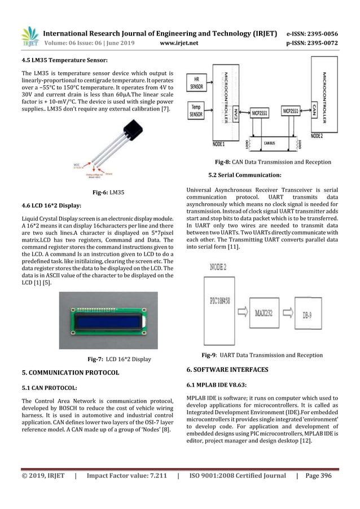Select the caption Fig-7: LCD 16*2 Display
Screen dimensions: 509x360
coord(119,358)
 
